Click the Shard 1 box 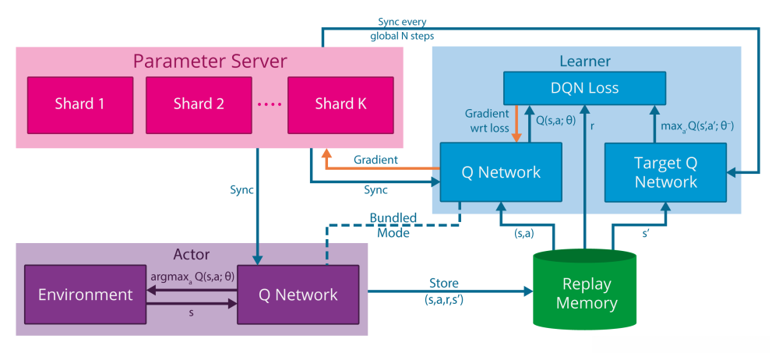coord(80,104)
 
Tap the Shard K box coord(340,104)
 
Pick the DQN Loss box coord(584,88)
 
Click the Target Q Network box coord(665,172)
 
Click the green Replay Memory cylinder coord(583,292)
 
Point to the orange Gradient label coord(375,160)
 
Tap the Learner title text coord(584,61)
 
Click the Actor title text coord(192,254)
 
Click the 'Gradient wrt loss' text coord(486,119)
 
